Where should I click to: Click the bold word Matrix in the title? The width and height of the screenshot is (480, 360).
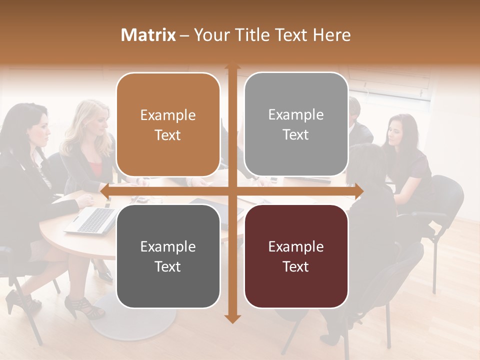(x=148, y=35)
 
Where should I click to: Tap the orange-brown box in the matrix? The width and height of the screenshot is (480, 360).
(x=168, y=124)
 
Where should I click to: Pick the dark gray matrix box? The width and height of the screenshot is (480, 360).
(x=168, y=256)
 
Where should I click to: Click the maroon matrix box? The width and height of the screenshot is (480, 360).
(x=296, y=256)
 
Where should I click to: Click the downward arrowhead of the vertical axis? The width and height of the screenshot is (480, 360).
(x=232, y=318)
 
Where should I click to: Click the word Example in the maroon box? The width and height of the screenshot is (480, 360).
(x=296, y=246)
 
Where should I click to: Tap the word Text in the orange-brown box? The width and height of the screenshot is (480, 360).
(x=168, y=135)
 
